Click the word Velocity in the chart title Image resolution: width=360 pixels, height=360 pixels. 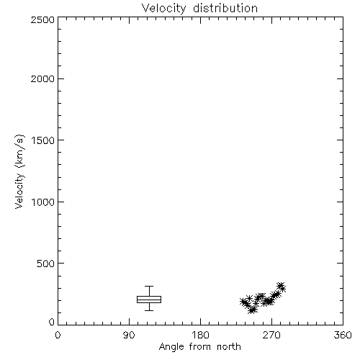163,9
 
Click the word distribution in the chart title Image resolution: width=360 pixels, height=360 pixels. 225,8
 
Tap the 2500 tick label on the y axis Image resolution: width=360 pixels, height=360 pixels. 42,19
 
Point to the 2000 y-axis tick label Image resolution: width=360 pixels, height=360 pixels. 42,78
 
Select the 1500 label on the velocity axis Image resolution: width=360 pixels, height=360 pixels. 43,140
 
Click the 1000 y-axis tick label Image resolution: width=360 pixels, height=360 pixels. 43,202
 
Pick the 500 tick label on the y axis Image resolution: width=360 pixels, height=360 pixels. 46,264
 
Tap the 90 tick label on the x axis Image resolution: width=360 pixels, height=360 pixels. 129,335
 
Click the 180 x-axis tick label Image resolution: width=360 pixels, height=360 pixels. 200,335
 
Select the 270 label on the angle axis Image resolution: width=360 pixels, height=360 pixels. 271,335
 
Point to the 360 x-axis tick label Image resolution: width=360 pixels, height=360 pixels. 343,335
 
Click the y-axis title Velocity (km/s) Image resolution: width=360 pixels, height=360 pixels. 19,171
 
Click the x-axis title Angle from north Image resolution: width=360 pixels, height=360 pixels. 200,347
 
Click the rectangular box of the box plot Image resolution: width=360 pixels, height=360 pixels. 149,297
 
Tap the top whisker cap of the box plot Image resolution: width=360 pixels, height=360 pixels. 149,286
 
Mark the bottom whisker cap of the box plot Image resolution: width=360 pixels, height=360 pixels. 149,310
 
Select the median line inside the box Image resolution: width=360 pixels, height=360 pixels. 149,300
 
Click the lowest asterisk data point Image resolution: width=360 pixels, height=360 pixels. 251,310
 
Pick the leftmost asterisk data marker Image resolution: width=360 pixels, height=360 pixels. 243,302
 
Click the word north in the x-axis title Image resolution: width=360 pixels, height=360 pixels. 229,347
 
